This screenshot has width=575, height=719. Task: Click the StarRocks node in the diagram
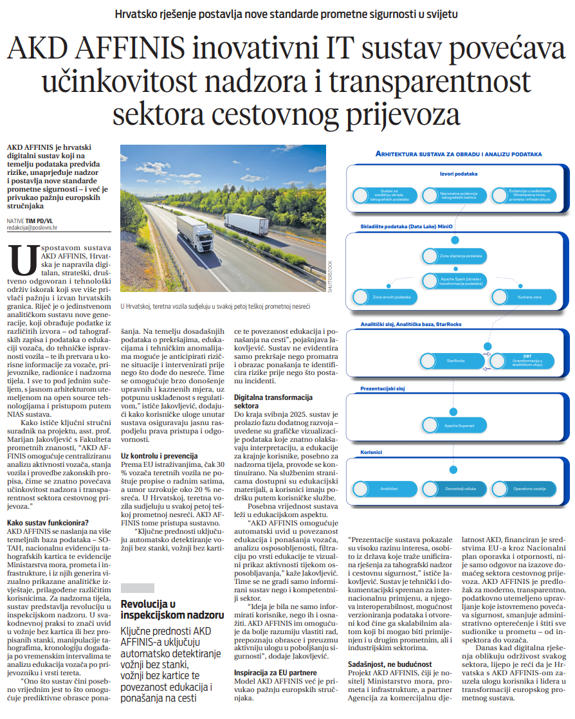coord(454,361)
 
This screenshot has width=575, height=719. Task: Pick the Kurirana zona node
coord(524,297)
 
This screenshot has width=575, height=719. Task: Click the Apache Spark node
coord(454,281)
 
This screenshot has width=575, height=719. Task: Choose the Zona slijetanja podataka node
coord(454,256)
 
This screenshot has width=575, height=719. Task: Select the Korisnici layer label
coord(371,452)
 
